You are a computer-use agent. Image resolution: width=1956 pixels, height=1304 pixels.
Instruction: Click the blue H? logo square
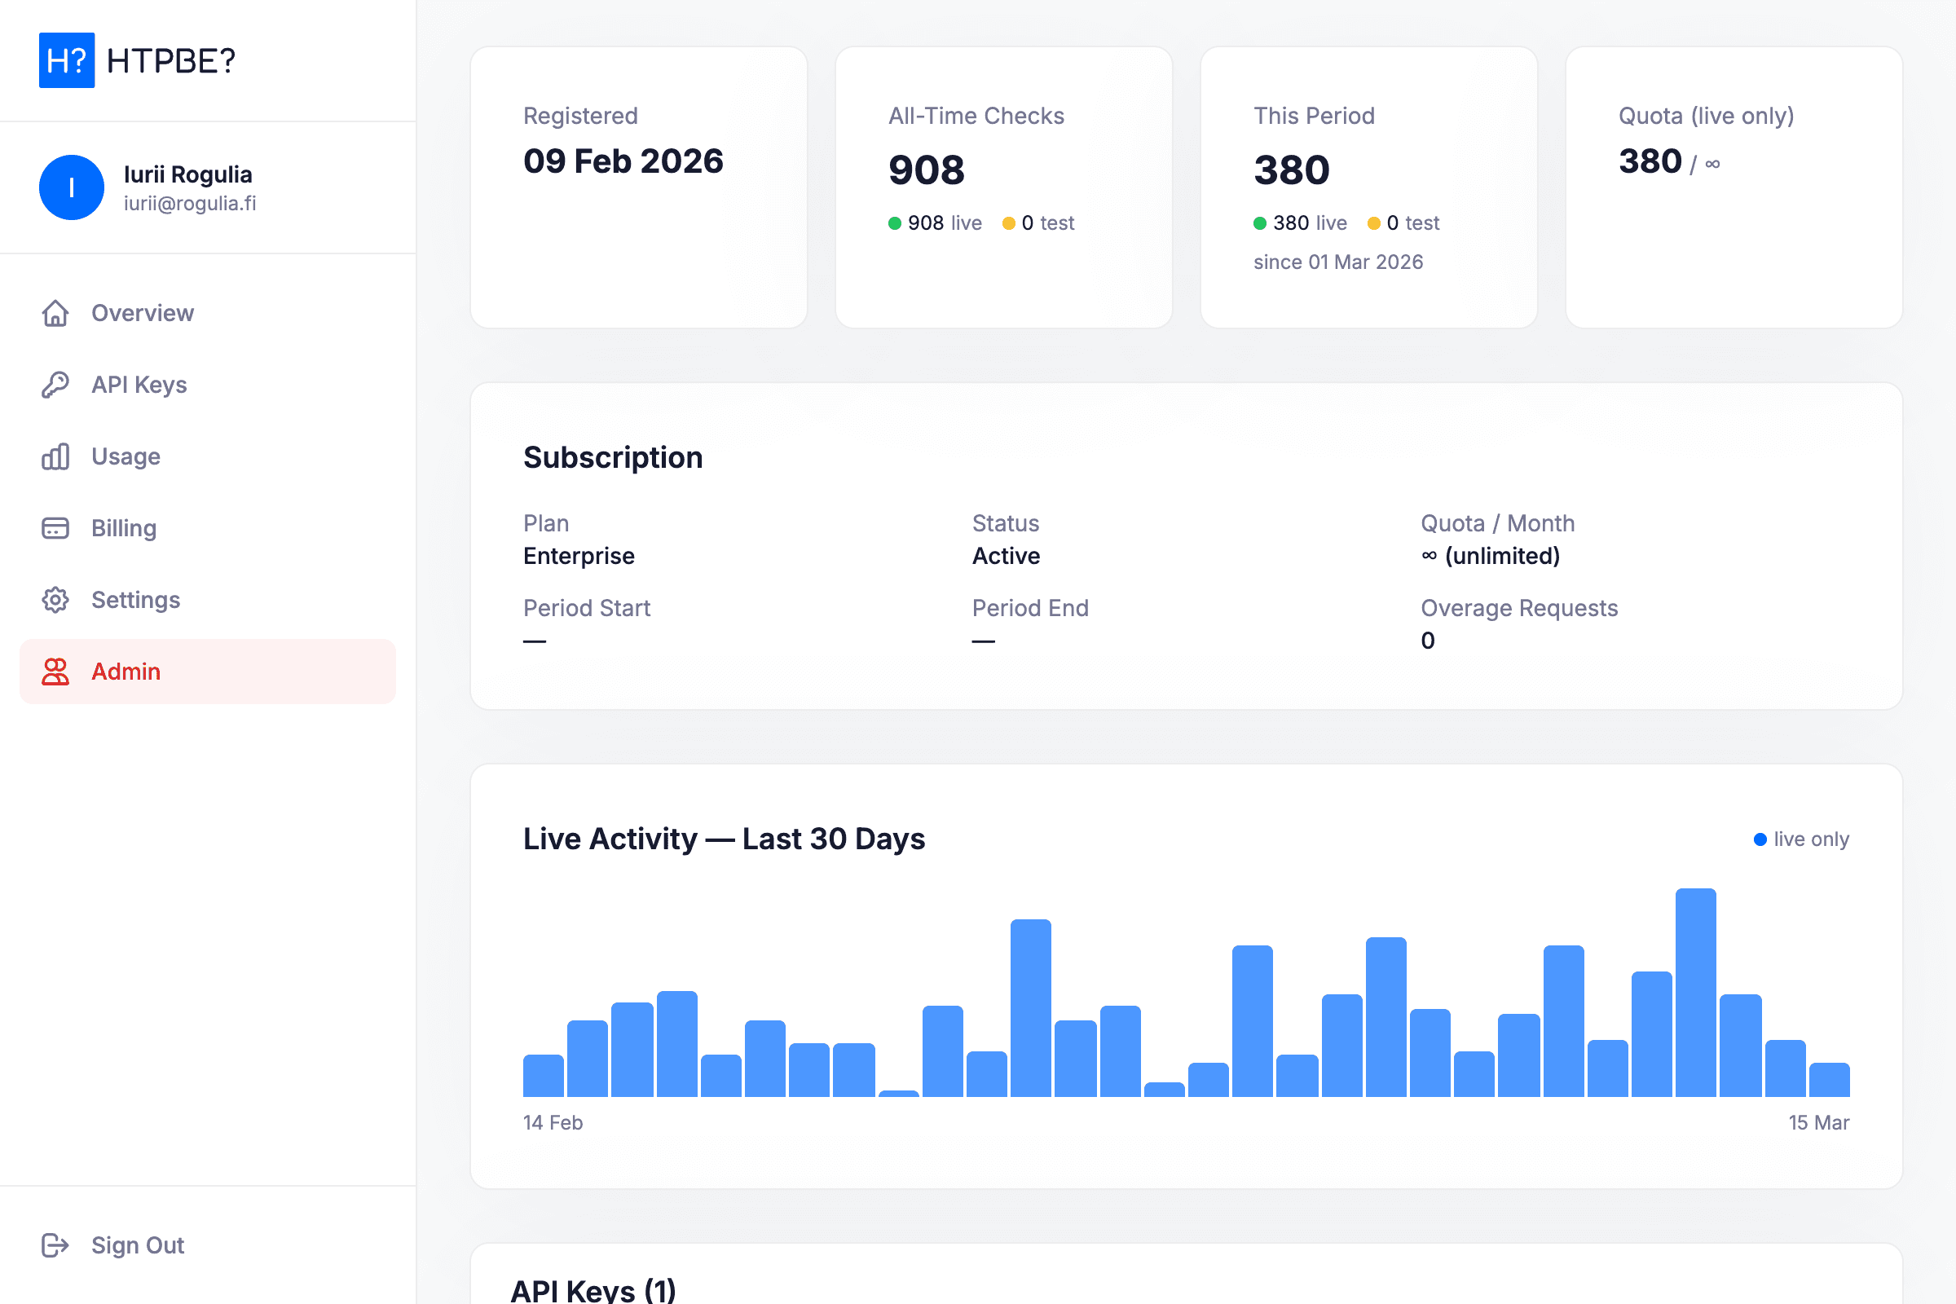click(x=67, y=59)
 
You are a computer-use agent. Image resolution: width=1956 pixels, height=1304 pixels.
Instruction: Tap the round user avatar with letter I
click(x=72, y=187)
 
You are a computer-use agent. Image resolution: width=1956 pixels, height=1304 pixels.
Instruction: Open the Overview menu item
click(x=142, y=313)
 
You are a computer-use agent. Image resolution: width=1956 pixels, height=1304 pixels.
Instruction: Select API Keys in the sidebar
click(x=139, y=384)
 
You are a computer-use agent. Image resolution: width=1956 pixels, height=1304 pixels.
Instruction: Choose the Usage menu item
click(x=126, y=456)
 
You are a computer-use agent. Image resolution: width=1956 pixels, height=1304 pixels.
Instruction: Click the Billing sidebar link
click(x=124, y=528)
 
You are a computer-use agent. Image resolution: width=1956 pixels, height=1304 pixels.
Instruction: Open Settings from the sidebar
click(x=135, y=600)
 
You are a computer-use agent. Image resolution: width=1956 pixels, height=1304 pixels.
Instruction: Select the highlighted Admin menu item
click(x=126, y=671)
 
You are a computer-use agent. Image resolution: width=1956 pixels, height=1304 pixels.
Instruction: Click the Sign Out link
click(x=137, y=1245)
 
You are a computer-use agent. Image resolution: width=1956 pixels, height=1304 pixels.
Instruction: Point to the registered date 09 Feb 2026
click(x=623, y=161)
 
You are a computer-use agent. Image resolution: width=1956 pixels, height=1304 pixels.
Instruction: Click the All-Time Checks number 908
click(x=926, y=170)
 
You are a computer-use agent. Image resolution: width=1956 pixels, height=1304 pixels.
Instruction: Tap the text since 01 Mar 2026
click(x=1338, y=262)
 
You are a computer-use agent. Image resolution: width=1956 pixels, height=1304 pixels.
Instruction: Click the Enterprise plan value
click(x=579, y=556)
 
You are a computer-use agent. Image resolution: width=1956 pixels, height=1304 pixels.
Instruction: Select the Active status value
click(x=1006, y=556)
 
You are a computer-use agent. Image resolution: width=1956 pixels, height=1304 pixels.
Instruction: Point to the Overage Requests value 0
click(x=1427, y=641)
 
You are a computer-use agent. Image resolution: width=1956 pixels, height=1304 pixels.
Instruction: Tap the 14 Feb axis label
click(x=553, y=1123)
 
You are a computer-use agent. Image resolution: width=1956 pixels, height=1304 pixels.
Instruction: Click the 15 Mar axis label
click(x=1818, y=1123)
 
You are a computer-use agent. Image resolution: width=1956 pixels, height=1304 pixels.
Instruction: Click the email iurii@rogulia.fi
click(x=190, y=204)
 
